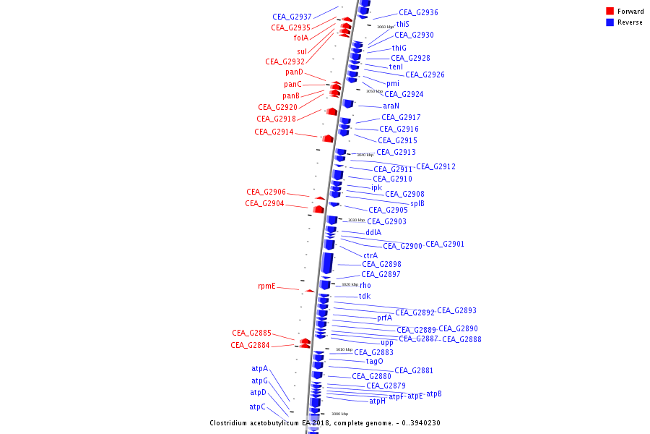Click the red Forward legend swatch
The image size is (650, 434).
click(610, 11)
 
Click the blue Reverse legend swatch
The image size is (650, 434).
click(610, 22)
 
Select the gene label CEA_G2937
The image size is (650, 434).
click(292, 17)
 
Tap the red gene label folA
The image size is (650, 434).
click(300, 38)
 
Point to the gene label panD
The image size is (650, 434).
click(294, 72)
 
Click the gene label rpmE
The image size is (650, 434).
click(266, 286)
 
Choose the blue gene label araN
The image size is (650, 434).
click(391, 106)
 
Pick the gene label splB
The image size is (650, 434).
click(417, 203)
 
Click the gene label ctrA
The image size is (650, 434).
click(370, 255)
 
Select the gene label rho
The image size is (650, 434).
click(365, 285)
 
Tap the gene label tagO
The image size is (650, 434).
click(374, 361)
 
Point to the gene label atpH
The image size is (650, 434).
click(377, 401)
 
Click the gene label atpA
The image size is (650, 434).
click(259, 368)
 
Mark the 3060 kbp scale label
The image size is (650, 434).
click(386, 27)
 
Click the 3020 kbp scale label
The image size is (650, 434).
click(350, 284)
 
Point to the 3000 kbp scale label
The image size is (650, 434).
click(340, 414)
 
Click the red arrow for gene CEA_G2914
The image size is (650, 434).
click(328, 138)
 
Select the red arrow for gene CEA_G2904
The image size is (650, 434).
click(318, 209)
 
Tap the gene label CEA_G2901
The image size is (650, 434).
click(445, 244)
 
